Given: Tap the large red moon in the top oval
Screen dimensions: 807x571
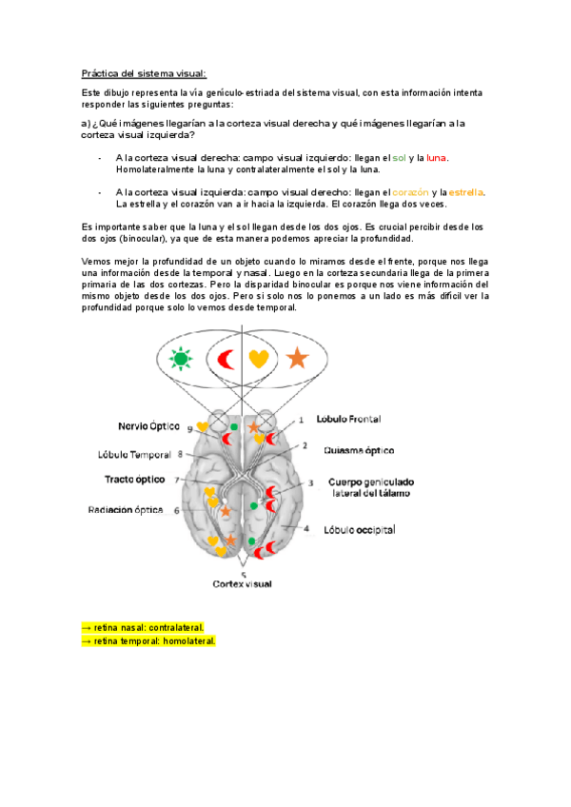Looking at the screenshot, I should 226,359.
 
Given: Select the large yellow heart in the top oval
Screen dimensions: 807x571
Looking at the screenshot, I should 259,360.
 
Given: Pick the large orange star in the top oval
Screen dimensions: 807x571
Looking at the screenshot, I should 298,359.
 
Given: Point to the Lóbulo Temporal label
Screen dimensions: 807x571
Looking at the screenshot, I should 133,455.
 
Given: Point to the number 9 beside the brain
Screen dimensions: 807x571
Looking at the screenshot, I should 190,430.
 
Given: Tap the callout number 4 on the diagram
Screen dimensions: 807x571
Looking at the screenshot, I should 306,527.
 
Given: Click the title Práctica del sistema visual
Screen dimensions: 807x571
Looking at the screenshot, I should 143,74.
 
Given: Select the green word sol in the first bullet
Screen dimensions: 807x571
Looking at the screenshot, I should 400,157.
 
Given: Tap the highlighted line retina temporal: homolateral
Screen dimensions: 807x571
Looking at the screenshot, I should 150,641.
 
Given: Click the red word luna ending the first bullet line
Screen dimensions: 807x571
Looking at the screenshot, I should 436,157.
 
